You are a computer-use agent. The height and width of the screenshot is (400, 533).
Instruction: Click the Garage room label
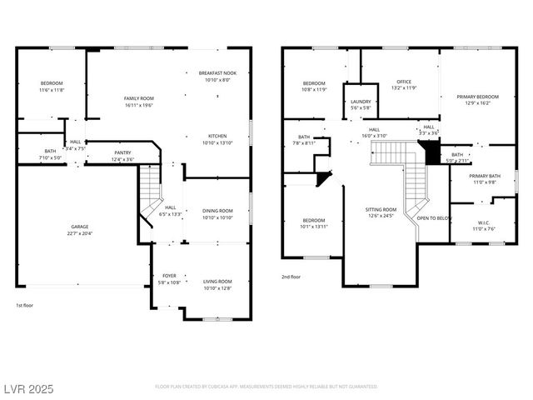tap(80, 227)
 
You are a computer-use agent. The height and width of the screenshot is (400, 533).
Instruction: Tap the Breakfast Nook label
tap(217, 73)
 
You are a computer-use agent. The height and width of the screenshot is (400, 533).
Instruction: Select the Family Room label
tap(139, 98)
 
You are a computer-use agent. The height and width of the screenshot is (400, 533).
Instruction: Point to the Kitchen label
tap(217, 137)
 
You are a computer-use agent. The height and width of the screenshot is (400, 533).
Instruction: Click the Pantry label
tap(122, 152)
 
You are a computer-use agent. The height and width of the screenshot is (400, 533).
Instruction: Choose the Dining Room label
tap(217, 211)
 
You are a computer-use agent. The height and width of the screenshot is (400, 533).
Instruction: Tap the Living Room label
tap(217, 282)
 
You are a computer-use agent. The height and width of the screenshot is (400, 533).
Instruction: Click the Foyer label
tap(169, 276)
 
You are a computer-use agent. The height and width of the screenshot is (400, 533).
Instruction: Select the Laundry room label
tap(360, 102)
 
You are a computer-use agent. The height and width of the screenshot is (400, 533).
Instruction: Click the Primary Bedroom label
tap(477, 97)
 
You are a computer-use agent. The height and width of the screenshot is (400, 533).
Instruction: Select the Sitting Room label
tap(381, 210)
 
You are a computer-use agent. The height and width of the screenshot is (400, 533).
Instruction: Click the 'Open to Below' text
tap(434, 218)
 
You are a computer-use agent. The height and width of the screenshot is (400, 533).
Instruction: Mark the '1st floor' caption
tap(26, 305)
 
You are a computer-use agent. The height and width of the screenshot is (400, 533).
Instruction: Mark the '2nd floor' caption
tap(291, 277)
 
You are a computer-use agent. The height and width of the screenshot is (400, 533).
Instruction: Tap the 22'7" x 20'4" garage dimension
tap(80, 232)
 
